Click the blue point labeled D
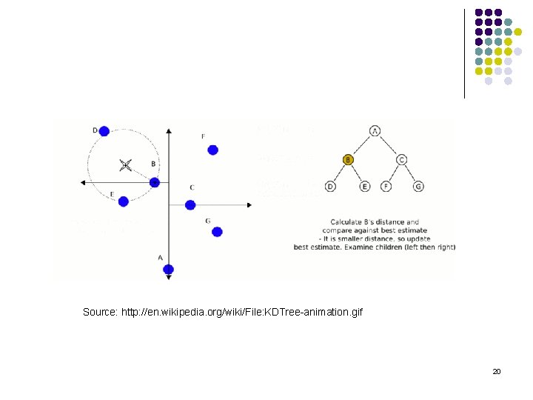click(x=104, y=131)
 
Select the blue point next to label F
click(x=213, y=150)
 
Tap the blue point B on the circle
click(x=154, y=182)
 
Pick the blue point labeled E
click(x=124, y=201)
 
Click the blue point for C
click(x=190, y=205)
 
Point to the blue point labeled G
click(x=217, y=232)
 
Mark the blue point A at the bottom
click(x=169, y=269)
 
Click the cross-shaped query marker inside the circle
click(x=125, y=164)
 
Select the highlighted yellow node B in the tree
click(x=349, y=159)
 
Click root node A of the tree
click(x=375, y=131)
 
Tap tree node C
click(x=401, y=159)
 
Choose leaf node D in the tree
click(x=330, y=187)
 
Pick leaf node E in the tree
click(x=365, y=187)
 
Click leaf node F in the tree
click(x=385, y=187)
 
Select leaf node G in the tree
click(x=419, y=187)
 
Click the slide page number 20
click(x=497, y=371)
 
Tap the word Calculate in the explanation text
click(x=346, y=222)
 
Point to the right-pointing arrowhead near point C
click(x=249, y=205)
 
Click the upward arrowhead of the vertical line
click(x=169, y=130)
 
